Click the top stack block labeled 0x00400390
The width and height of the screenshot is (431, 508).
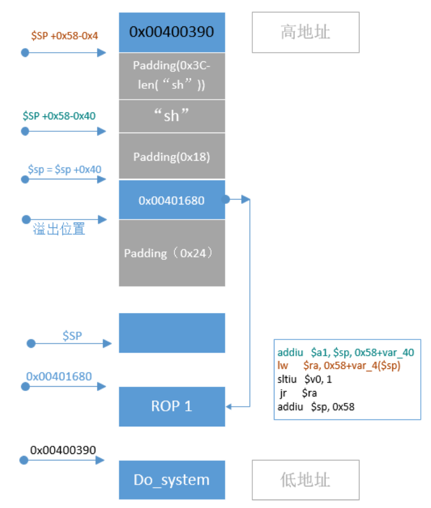coord(172,32)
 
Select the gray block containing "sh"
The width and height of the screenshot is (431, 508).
coord(172,116)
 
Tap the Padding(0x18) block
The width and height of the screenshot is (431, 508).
coord(172,157)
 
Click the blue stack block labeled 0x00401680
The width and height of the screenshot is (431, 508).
coord(172,200)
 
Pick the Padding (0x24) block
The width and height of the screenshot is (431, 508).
coord(172,253)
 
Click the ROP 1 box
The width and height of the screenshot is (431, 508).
coord(172,406)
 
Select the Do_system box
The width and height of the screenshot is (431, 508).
coord(172,480)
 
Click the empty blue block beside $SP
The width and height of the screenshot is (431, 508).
coord(172,333)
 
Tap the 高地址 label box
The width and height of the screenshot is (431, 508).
coord(305,32)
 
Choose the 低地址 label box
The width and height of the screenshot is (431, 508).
coord(305,480)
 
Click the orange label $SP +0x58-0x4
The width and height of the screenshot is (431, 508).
coord(64,36)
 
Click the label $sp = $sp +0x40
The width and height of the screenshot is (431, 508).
coord(64,169)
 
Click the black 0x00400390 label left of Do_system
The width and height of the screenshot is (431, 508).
coord(63,449)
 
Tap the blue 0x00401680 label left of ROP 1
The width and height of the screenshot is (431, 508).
coord(59,376)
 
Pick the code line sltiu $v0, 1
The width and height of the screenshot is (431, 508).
coord(306,379)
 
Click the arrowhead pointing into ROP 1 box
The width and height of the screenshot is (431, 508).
coord(230,407)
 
